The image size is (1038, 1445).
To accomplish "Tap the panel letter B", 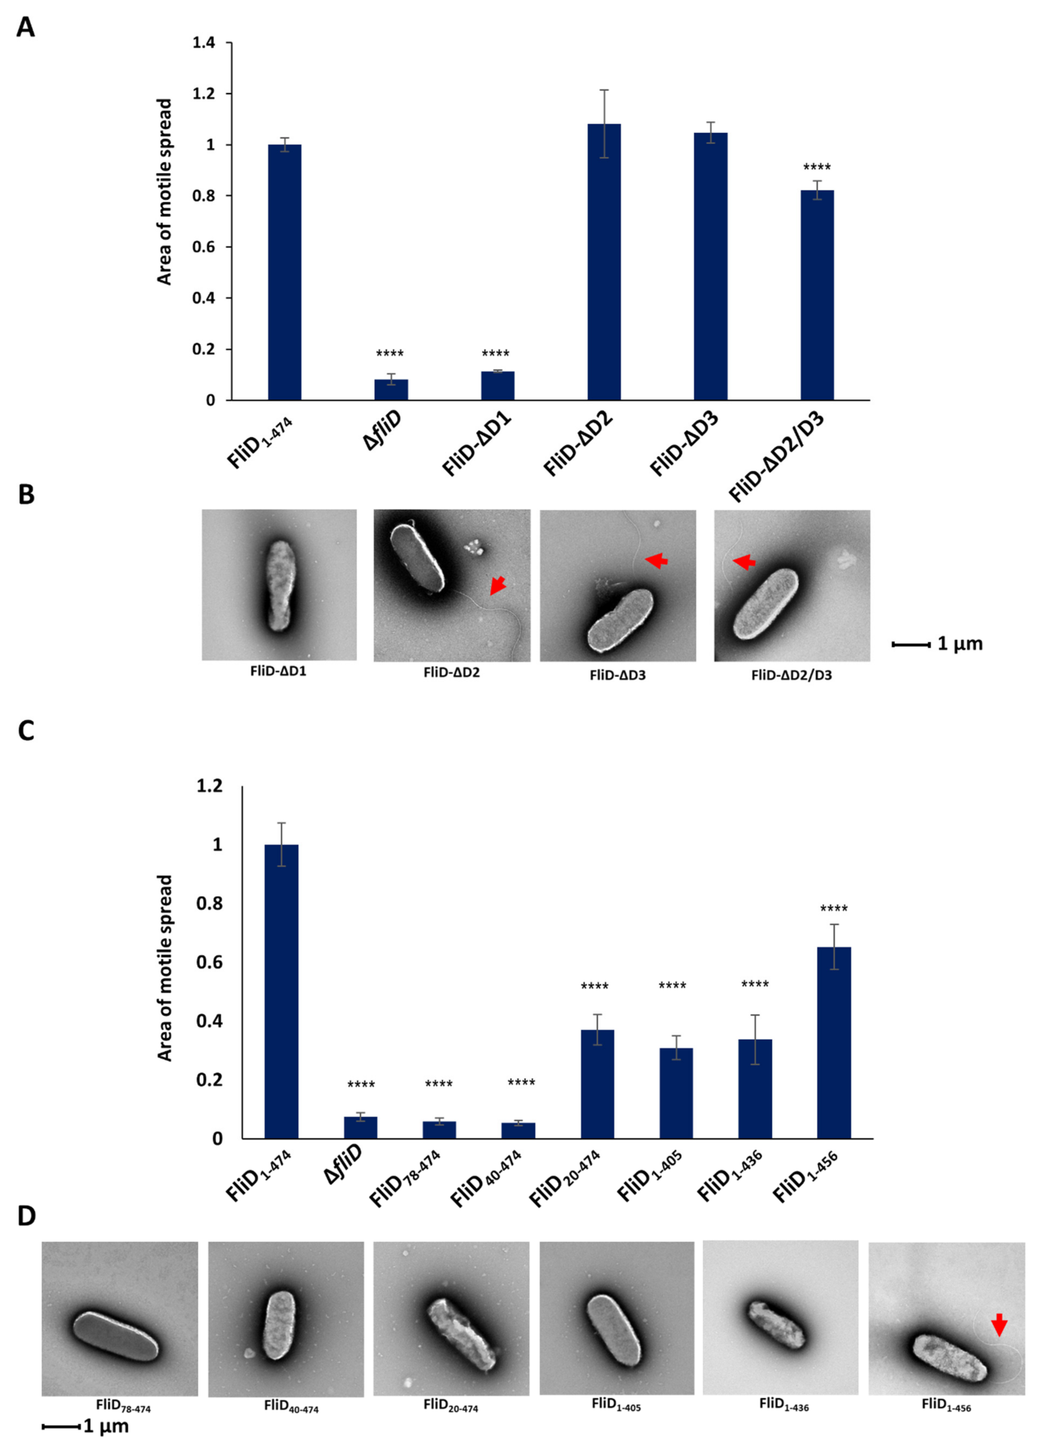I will [26, 495].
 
